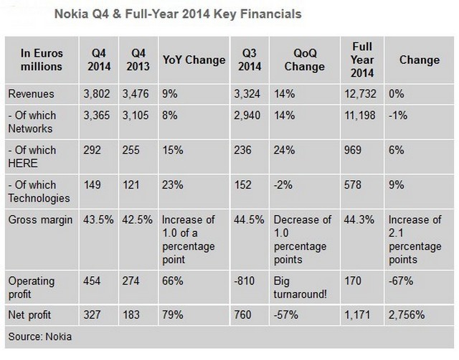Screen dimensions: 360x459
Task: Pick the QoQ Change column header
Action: tap(299, 60)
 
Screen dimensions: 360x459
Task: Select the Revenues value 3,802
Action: tap(97, 94)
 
